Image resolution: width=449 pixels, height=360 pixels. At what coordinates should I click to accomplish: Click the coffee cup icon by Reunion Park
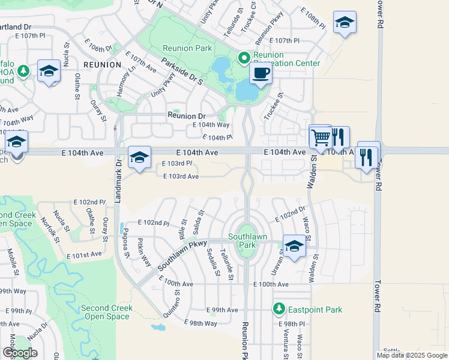pos(260,74)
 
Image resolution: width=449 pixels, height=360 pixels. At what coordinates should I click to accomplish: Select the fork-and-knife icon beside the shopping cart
pos(339,137)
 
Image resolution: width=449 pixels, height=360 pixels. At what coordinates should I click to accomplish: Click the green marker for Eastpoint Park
pos(279,310)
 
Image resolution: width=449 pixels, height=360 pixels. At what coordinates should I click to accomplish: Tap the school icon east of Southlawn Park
pos(294,246)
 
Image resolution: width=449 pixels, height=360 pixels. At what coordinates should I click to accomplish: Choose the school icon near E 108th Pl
pos(345,23)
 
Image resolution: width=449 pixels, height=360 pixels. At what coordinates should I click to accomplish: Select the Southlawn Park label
pos(243,241)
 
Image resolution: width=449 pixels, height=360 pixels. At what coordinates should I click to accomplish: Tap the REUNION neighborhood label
pos(98,64)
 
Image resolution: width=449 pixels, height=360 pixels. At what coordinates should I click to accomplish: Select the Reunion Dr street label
pos(187,116)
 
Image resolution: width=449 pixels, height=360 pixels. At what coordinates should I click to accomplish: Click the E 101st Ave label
pos(85,255)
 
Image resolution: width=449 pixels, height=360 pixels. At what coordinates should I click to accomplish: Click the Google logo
pos(20,353)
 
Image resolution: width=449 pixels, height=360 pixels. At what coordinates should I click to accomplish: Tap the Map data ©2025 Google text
pos(411,355)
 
